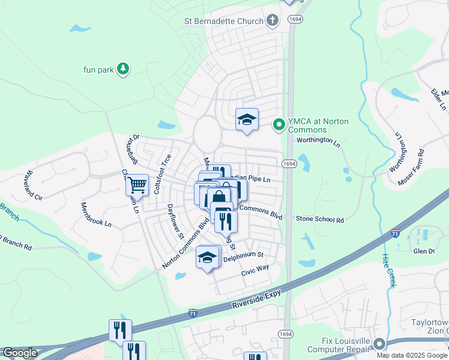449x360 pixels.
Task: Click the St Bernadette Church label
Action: pos(223,21)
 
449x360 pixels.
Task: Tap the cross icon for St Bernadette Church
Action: pos(273,21)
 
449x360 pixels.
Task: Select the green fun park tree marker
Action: pos(123,69)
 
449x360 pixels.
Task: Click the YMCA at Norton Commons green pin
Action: pos(279,125)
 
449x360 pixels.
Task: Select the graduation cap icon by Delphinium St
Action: pos(208,258)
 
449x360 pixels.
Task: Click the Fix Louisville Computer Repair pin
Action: pos(379,344)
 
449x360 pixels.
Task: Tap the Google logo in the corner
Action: pos(20,353)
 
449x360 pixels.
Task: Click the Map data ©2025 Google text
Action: pos(412,355)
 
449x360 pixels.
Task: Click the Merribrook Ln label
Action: pos(96,214)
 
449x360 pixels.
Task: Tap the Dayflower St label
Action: pos(175,221)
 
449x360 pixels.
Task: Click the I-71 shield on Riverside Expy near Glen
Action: pos(395,233)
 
